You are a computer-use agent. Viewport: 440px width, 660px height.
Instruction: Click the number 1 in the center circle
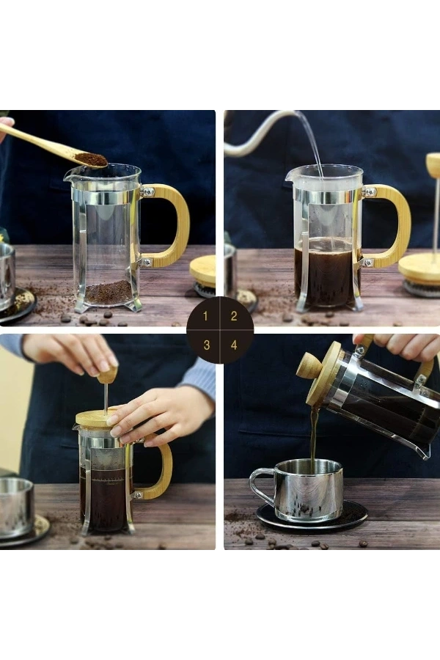pyautogui.click(x=206, y=316)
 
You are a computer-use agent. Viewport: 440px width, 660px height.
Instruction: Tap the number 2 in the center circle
pyautogui.click(x=234, y=316)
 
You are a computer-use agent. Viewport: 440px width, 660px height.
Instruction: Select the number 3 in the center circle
pyautogui.click(x=206, y=344)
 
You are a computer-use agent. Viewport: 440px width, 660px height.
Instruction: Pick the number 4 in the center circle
pyautogui.click(x=234, y=344)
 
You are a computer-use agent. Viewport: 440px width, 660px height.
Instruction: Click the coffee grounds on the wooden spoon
pyautogui.click(x=91, y=158)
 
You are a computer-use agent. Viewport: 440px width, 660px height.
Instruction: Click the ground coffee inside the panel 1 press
pyautogui.click(x=109, y=293)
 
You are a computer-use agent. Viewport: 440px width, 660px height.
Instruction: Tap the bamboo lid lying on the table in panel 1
pyautogui.click(x=203, y=270)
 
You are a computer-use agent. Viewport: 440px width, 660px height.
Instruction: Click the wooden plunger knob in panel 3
pyautogui.click(x=108, y=375)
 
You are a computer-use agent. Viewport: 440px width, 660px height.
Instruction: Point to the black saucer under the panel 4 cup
pyautogui.click(x=352, y=519)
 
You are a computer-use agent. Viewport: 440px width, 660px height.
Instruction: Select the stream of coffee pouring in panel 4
pyautogui.click(x=314, y=436)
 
